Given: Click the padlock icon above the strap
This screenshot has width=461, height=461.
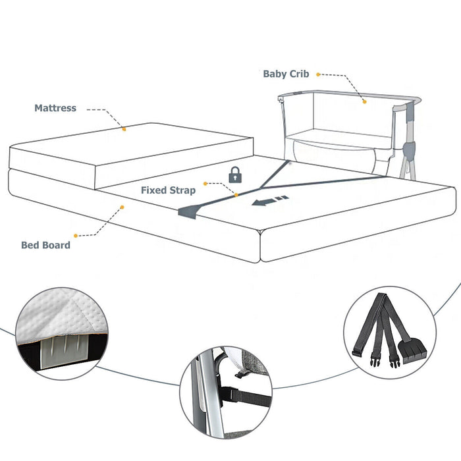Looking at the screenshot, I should [x=234, y=175].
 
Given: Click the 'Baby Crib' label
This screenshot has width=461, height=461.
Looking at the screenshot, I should [x=286, y=74].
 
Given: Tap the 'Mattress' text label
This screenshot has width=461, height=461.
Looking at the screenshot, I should [x=55, y=108].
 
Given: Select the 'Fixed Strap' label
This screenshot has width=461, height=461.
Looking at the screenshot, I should [x=168, y=190].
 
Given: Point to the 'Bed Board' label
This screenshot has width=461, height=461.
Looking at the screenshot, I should [x=45, y=245].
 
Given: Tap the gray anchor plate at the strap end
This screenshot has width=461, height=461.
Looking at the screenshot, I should [x=187, y=212].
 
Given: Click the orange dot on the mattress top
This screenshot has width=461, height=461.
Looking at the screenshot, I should [x=124, y=130].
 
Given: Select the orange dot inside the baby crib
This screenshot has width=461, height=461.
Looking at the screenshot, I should [x=363, y=101].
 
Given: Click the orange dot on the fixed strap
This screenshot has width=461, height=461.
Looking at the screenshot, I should [x=236, y=194].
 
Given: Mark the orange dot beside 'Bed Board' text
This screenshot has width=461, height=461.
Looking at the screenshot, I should [x=76, y=235].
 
